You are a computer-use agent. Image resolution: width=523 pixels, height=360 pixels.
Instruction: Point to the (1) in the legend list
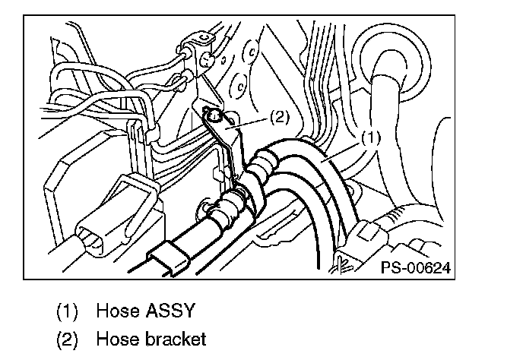(68, 311)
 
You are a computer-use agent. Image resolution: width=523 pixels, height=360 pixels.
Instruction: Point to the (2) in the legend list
(68, 339)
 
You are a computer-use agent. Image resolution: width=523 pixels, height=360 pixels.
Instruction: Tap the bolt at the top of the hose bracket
(215, 115)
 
